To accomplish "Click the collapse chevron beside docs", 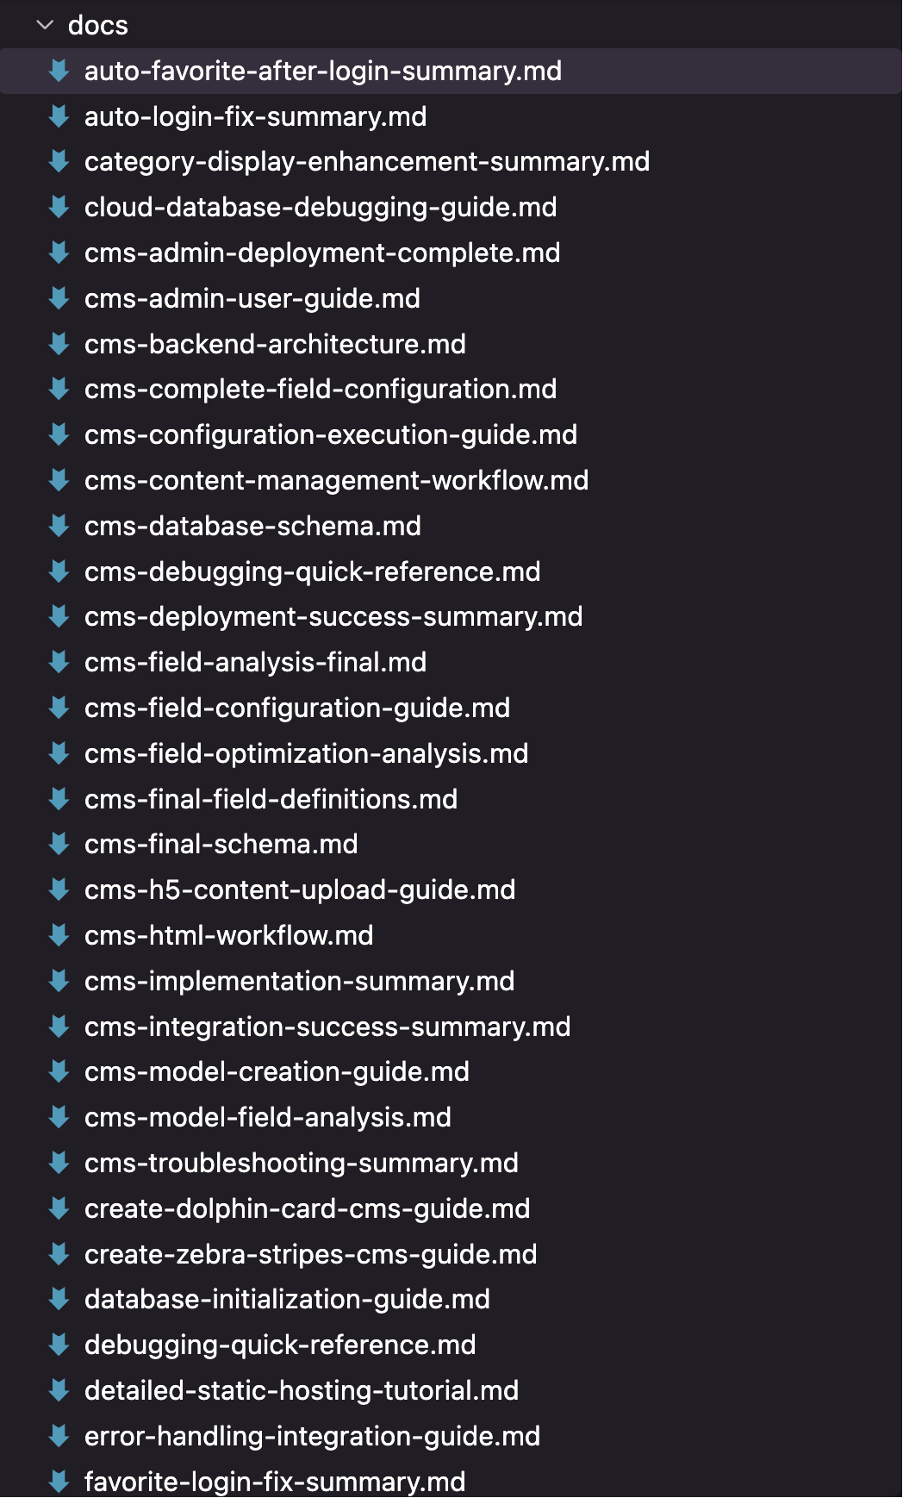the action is (x=45, y=26).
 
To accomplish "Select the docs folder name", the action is (x=98, y=26).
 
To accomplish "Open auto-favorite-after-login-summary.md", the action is (x=323, y=71).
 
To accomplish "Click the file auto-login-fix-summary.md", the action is (x=256, y=116).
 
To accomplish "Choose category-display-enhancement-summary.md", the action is (x=367, y=162).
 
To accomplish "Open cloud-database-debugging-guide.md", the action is (x=321, y=208).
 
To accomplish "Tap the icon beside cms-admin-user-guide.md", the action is (x=59, y=298).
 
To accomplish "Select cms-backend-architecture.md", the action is (x=275, y=344).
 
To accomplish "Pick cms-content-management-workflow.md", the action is (x=337, y=480).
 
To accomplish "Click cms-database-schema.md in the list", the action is (x=253, y=526).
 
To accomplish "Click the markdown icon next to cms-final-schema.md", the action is (x=59, y=844).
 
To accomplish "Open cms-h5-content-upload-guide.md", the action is (x=300, y=889).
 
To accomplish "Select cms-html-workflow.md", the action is (x=229, y=935).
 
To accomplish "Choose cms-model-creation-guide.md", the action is (x=277, y=1071).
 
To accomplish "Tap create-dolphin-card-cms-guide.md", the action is (x=308, y=1208).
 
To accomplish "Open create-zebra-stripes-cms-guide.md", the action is (x=311, y=1254).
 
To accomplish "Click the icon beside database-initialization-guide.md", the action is (x=59, y=1299).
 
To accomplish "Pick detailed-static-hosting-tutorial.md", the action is (x=302, y=1390).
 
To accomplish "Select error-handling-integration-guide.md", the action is (x=313, y=1436).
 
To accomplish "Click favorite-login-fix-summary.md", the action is (x=275, y=1482).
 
